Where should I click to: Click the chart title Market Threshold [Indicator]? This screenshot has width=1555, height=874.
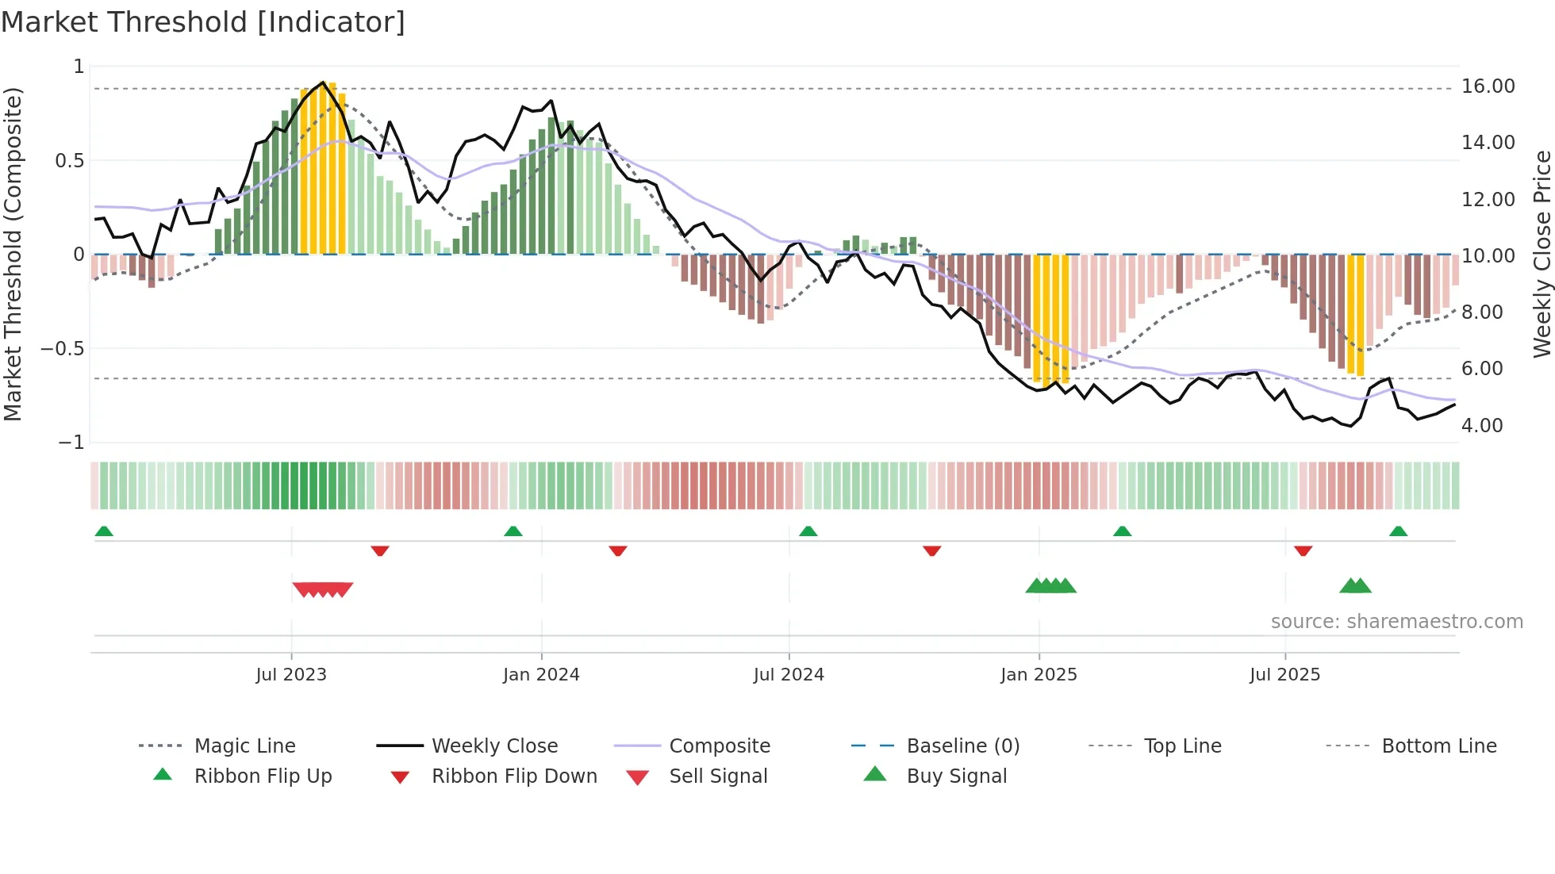[203, 22]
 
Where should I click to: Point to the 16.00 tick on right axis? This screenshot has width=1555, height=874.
[1488, 86]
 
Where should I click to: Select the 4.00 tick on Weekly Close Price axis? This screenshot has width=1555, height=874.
[1482, 426]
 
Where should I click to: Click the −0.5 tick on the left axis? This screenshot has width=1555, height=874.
[63, 349]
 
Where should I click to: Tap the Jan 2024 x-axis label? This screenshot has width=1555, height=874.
[541, 675]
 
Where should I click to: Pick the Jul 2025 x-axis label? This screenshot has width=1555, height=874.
[1284, 675]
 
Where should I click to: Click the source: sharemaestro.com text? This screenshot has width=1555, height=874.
[1396, 622]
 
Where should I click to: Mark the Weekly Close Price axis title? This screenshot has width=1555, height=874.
[1542, 254]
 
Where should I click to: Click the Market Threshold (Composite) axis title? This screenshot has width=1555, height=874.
[13, 254]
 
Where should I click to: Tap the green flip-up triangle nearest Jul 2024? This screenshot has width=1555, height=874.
[808, 531]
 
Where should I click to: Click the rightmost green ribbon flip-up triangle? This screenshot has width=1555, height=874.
[1398, 531]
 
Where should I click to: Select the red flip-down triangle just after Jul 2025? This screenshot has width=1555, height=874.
[1303, 550]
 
